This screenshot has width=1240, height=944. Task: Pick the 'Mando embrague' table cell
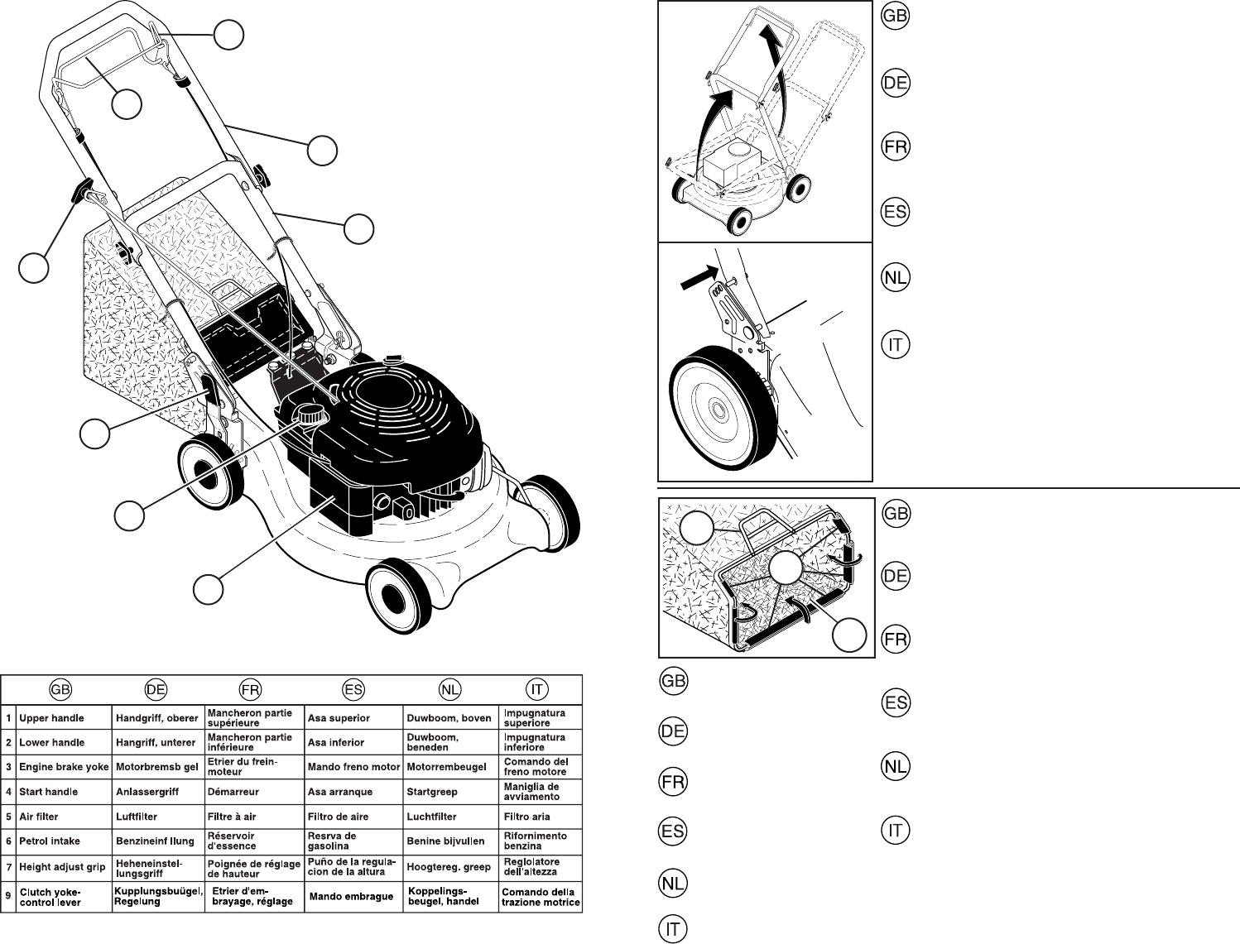point(351,897)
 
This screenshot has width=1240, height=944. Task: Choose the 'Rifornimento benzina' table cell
point(535,841)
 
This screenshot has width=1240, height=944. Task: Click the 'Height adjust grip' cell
point(62,867)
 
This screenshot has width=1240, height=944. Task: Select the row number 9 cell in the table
point(8,893)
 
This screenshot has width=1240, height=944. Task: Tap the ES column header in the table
point(353,689)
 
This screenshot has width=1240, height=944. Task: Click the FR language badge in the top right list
point(895,147)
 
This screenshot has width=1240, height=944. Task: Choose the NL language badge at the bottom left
point(674,884)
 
